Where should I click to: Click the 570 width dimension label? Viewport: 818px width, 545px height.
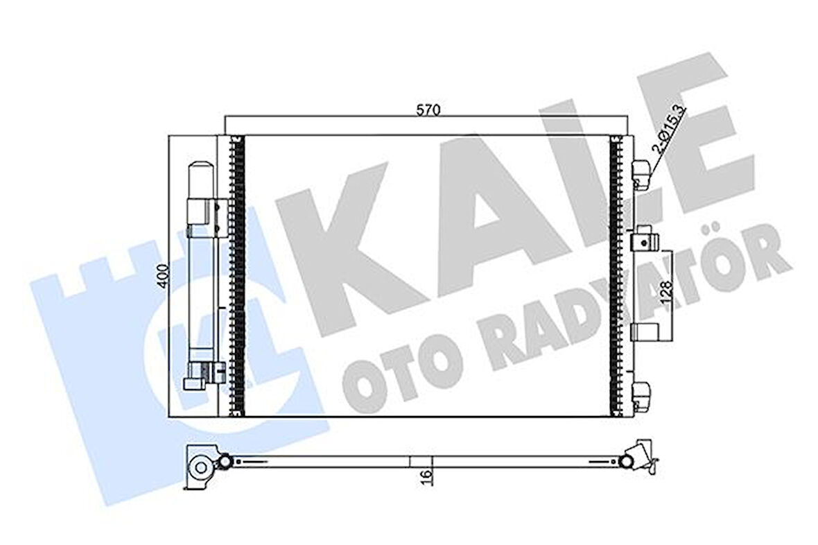point(428,110)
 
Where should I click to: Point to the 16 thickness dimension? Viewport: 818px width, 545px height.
point(426,475)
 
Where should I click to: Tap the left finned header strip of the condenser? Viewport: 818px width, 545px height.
point(238,275)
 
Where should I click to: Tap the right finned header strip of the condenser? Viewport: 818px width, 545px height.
point(615,275)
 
